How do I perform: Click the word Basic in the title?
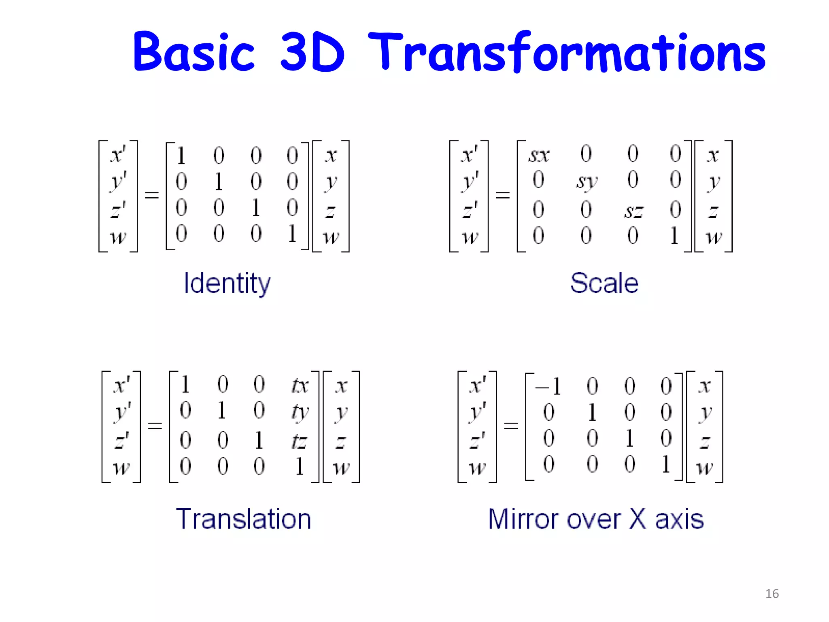[x=193, y=52]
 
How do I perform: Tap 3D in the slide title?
[x=312, y=52]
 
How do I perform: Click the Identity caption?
[x=227, y=283]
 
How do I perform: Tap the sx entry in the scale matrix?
[x=539, y=155]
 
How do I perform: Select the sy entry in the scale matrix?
[x=587, y=181]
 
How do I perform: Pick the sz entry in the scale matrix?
[x=633, y=211]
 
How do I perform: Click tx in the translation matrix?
[x=300, y=386]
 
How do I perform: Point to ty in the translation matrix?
[x=300, y=412]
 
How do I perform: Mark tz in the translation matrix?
[x=300, y=441]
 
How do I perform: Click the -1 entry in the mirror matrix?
[x=548, y=386]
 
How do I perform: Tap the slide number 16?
[x=772, y=594]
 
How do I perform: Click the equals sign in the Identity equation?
[x=152, y=196]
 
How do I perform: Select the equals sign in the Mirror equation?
[x=511, y=426]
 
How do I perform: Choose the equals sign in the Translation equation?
[x=155, y=426]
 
